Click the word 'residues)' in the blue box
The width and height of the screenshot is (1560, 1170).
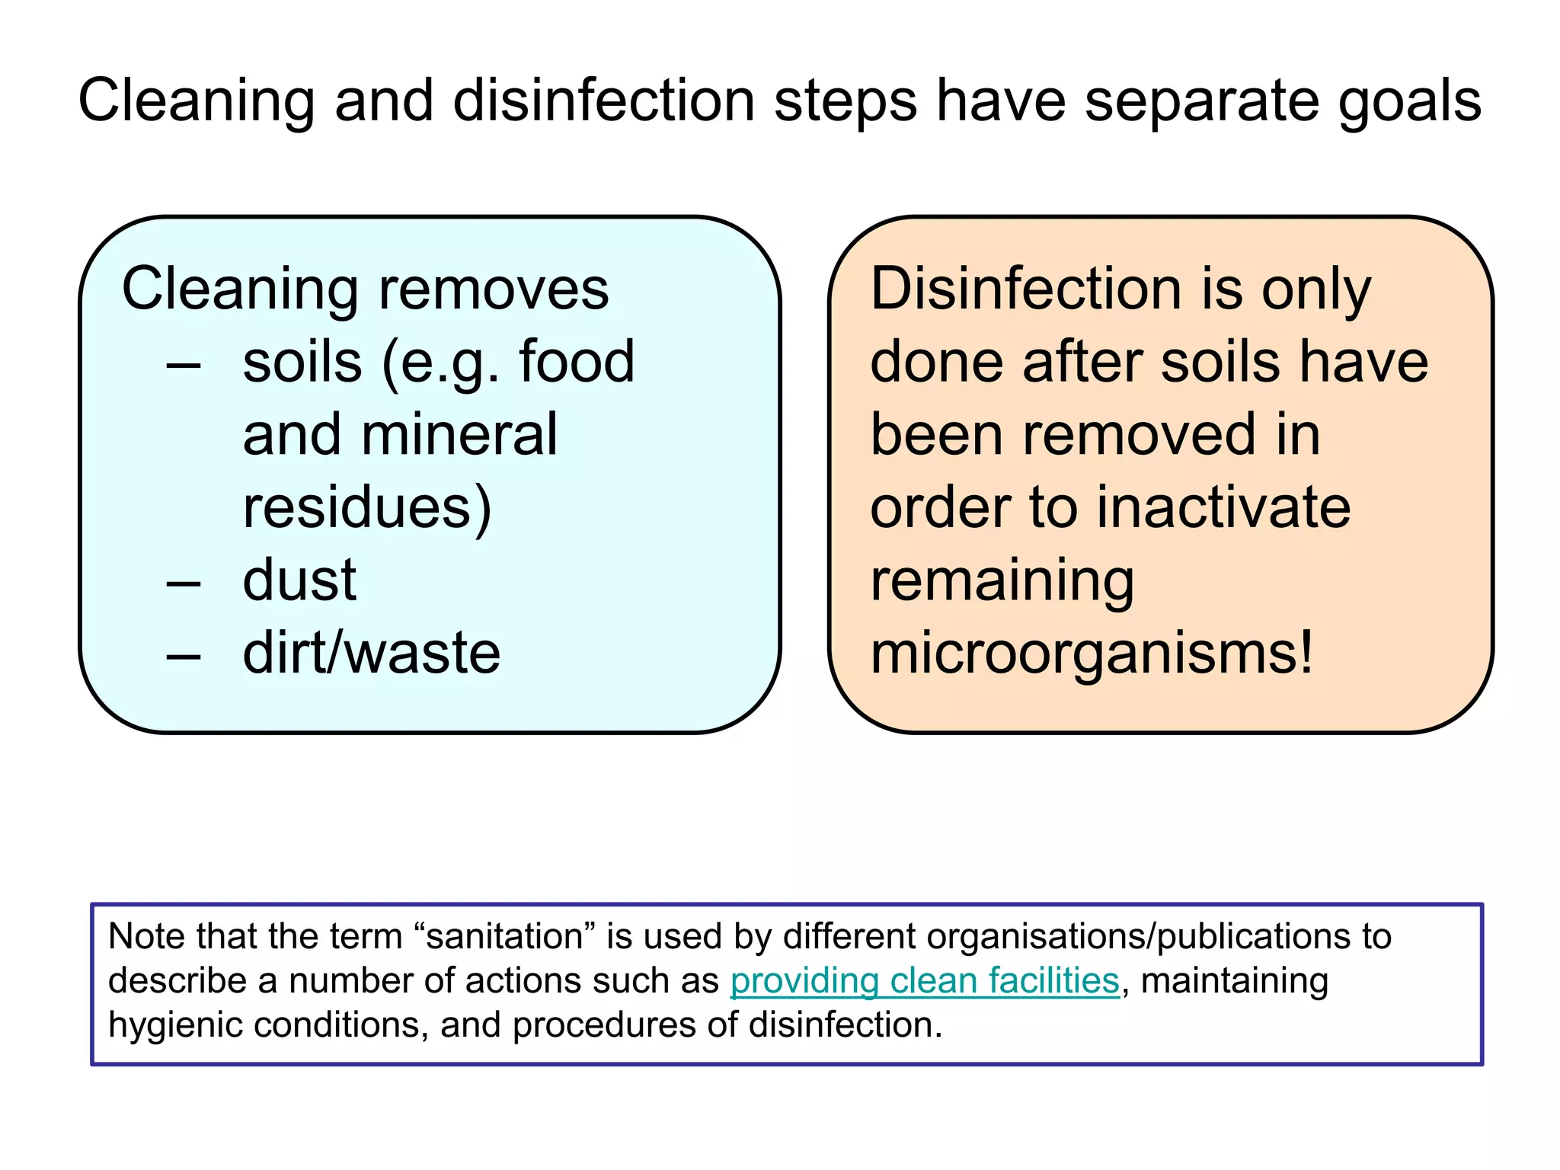(367, 508)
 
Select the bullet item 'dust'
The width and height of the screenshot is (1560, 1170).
(299, 580)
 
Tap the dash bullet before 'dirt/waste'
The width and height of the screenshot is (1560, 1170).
(184, 655)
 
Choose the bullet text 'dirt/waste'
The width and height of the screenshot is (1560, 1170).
(371, 654)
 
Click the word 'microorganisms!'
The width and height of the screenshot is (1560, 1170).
(1092, 654)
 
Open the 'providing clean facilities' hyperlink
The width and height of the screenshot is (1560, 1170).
(925, 981)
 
